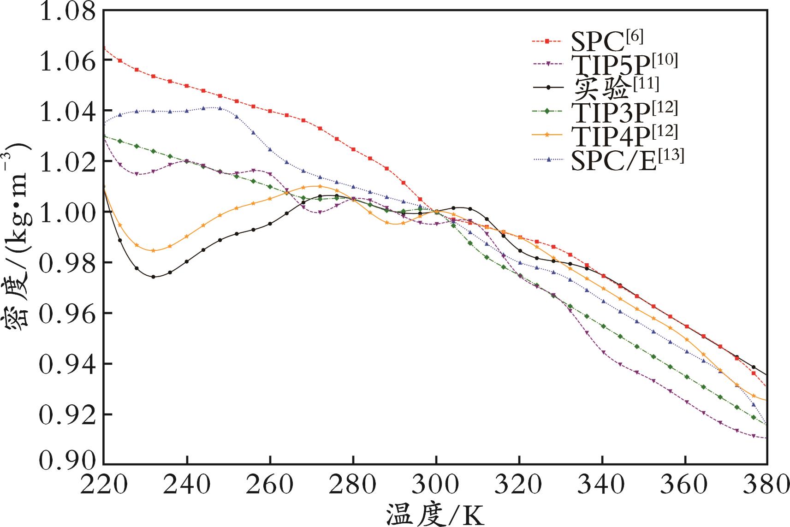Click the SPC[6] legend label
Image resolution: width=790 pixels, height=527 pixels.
point(606,41)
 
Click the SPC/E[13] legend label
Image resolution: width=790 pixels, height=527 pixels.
point(627,159)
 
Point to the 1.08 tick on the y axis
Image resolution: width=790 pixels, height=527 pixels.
point(68,12)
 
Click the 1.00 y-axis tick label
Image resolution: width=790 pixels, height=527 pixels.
point(68,212)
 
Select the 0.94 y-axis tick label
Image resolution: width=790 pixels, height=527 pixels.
point(68,364)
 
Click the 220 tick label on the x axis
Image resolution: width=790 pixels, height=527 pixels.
point(104,486)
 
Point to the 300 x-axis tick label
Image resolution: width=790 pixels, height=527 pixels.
point(436,486)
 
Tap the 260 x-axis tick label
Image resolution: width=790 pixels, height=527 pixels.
point(270,486)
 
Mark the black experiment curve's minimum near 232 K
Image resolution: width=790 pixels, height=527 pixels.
point(154,277)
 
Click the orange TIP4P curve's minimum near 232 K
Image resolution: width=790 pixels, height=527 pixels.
point(154,251)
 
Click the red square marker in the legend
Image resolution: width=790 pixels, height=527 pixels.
point(547,41)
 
